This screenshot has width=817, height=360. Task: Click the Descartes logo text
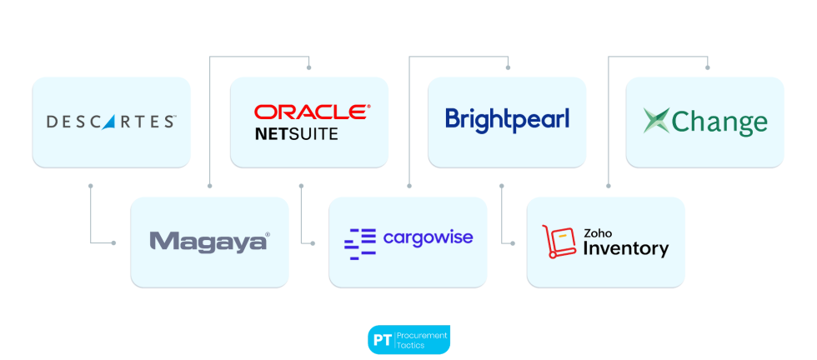pos(111,122)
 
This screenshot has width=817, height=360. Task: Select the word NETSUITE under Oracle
pos(297,133)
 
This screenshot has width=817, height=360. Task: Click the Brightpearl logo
pos(507,119)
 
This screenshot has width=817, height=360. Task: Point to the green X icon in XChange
pos(656,122)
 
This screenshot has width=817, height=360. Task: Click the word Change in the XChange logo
pos(719,122)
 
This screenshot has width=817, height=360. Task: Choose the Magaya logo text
pos(209,242)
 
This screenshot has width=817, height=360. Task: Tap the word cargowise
pos(428,237)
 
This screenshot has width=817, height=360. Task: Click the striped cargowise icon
pos(360,242)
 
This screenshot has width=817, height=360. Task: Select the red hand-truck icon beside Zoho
pos(559,242)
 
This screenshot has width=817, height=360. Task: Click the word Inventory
pos(625,248)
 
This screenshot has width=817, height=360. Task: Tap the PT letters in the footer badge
pos(382,340)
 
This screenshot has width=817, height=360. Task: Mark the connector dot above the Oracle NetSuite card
pos(309,67)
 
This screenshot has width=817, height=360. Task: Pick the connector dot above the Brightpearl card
pos(508,67)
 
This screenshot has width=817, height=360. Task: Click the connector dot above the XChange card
pos(708,67)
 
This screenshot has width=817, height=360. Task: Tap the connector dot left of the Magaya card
pos(114,242)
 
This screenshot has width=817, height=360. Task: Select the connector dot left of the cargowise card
pos(313,242)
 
